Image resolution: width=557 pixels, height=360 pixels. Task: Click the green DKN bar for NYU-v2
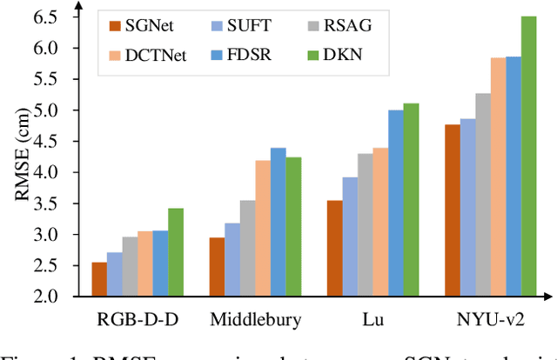528,157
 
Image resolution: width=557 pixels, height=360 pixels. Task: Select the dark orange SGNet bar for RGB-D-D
100,279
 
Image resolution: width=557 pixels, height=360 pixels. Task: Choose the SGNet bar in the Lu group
335,249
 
